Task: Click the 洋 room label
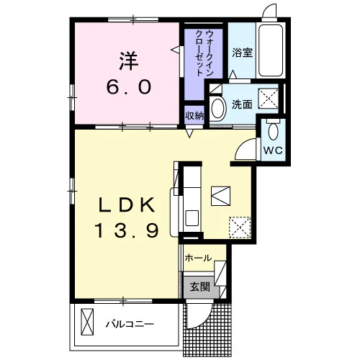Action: click(x=129, y=61)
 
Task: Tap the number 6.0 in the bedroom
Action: click(x=129, y=87)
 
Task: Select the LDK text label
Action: click(x=127, y=204)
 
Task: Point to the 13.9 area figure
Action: click(x=127, y=230)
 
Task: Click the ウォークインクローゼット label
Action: click(x=204, y=53)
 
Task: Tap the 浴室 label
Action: click(x=242, y=53)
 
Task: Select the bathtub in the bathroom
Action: click(x=271, y=50)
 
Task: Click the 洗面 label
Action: click(x=242, y=104)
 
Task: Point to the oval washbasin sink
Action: click(x=218, y=108)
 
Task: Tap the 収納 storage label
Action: click(x=194, y=116)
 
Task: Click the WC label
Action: click(x=273, y=150)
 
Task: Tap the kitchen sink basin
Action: click(x=192, y=218)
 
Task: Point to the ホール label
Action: click(x=198, y=258)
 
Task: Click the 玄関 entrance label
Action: click(x=200, y=287)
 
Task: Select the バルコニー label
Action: click(x=130, y=325)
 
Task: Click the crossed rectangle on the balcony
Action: click(x=87, y=322)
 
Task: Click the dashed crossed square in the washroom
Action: click(x=268, y=98)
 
